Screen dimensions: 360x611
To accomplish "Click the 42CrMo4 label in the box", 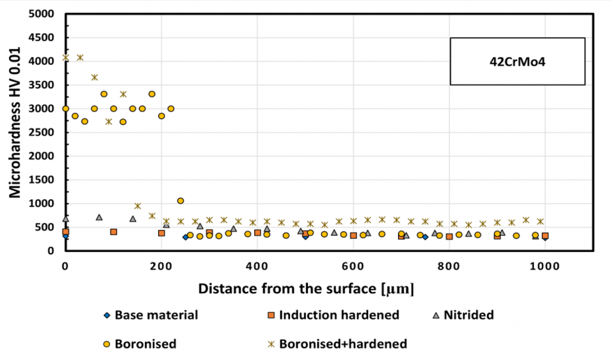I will [517, 60].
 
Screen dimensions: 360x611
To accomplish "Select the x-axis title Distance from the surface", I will [306, 288].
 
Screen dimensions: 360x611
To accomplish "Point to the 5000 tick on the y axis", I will [45, 14].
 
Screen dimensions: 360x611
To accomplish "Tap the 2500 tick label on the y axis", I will [45, 133].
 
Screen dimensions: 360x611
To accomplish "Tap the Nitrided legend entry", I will [467, 315].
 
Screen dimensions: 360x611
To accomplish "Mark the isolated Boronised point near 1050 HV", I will [181, 201].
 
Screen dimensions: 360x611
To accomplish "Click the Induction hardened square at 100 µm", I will [113, 232].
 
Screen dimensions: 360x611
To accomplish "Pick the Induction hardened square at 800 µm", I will [449, 236].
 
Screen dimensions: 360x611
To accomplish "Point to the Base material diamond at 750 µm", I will [425, 237].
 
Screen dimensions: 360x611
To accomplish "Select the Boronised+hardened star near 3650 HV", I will [94, 77].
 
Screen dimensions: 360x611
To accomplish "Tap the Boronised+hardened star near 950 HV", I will [137, 206].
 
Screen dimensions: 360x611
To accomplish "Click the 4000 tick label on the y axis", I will [45, 61].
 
